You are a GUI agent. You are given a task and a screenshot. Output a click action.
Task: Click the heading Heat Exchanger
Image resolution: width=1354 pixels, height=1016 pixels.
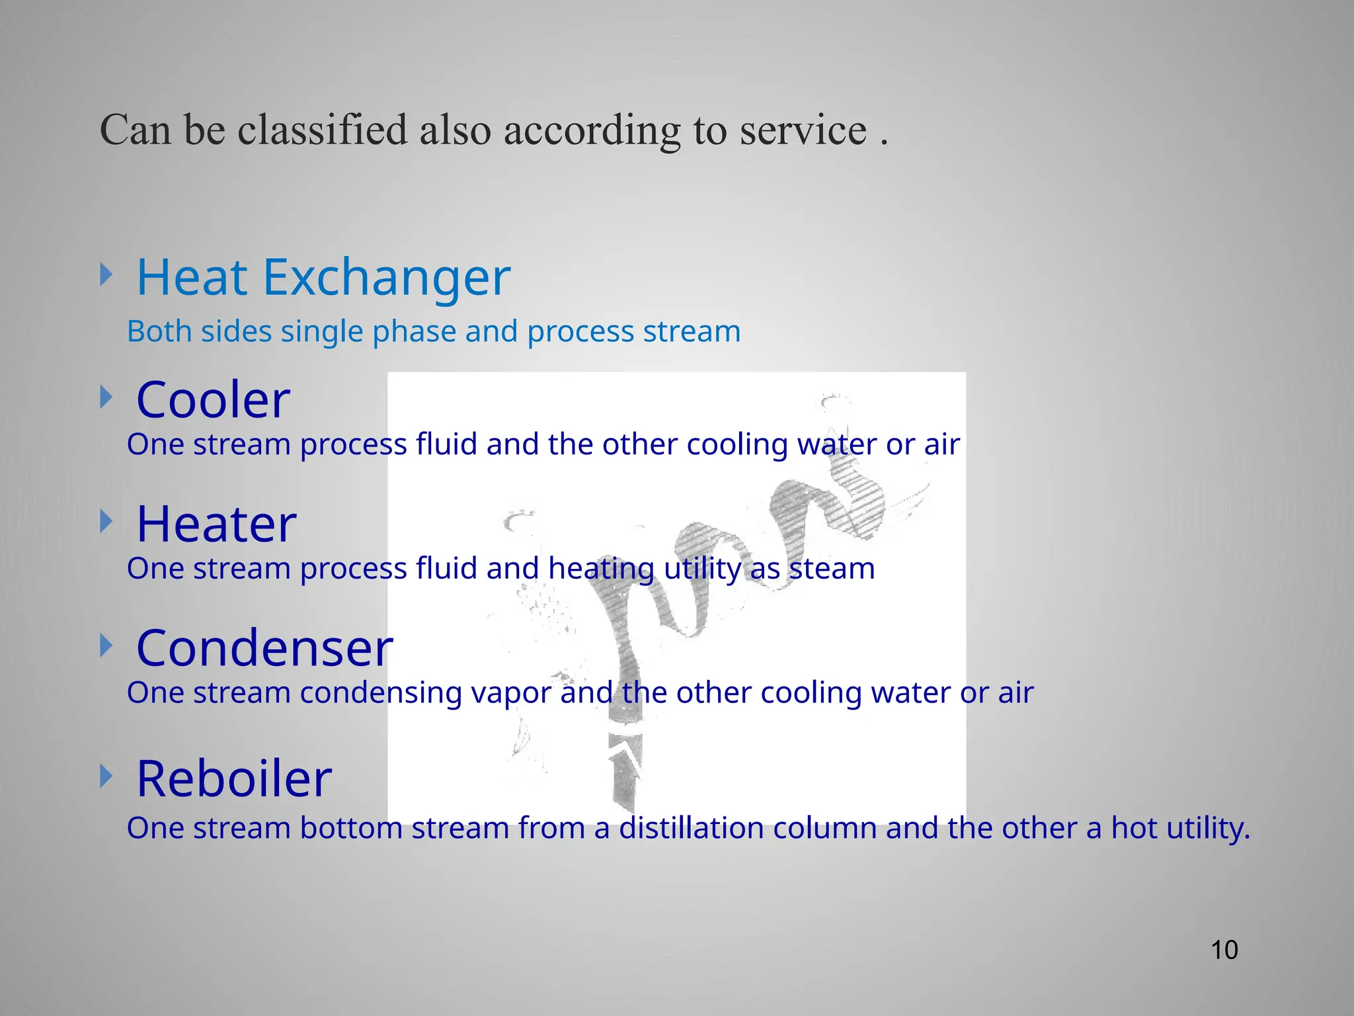323,278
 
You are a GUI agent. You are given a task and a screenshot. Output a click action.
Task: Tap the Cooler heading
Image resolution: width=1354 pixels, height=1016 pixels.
213,401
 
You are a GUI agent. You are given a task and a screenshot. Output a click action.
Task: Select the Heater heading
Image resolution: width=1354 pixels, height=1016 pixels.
216,525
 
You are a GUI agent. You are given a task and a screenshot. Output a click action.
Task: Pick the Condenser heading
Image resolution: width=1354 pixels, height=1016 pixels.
264,648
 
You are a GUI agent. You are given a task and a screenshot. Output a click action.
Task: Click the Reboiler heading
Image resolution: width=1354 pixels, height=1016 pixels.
234,779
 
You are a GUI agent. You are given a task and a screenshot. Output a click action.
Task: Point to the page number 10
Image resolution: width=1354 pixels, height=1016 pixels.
1224,950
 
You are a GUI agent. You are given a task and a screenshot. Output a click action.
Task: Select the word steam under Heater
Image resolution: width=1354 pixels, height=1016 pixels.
832,569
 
